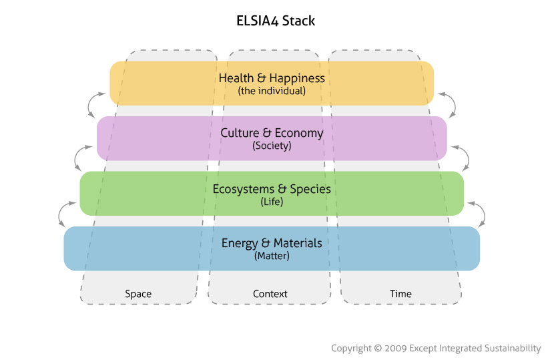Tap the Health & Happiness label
272,78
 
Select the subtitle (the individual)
272,91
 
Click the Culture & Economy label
272,133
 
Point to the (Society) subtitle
272,146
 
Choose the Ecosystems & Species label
272,189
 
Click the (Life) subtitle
272,201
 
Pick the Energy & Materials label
272,243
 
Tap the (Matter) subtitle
272,256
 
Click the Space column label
138,294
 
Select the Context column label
270,294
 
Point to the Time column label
400,294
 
